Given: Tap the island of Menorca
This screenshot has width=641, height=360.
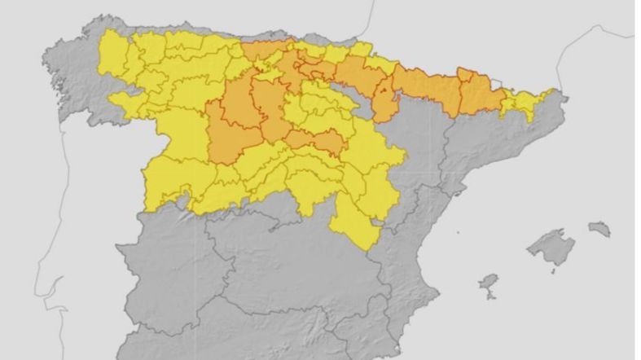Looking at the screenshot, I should pos(599,229).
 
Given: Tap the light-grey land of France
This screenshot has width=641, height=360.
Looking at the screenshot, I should pos(489,41).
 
